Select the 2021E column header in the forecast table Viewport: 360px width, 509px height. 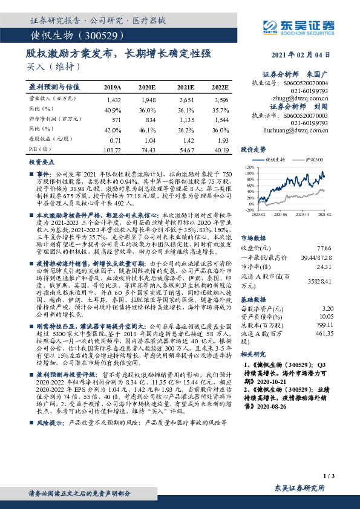coord(186,88)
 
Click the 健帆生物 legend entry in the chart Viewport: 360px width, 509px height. coord(277,160)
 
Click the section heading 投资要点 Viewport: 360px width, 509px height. coord(39,163)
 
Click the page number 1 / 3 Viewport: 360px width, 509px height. coord(329,476)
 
